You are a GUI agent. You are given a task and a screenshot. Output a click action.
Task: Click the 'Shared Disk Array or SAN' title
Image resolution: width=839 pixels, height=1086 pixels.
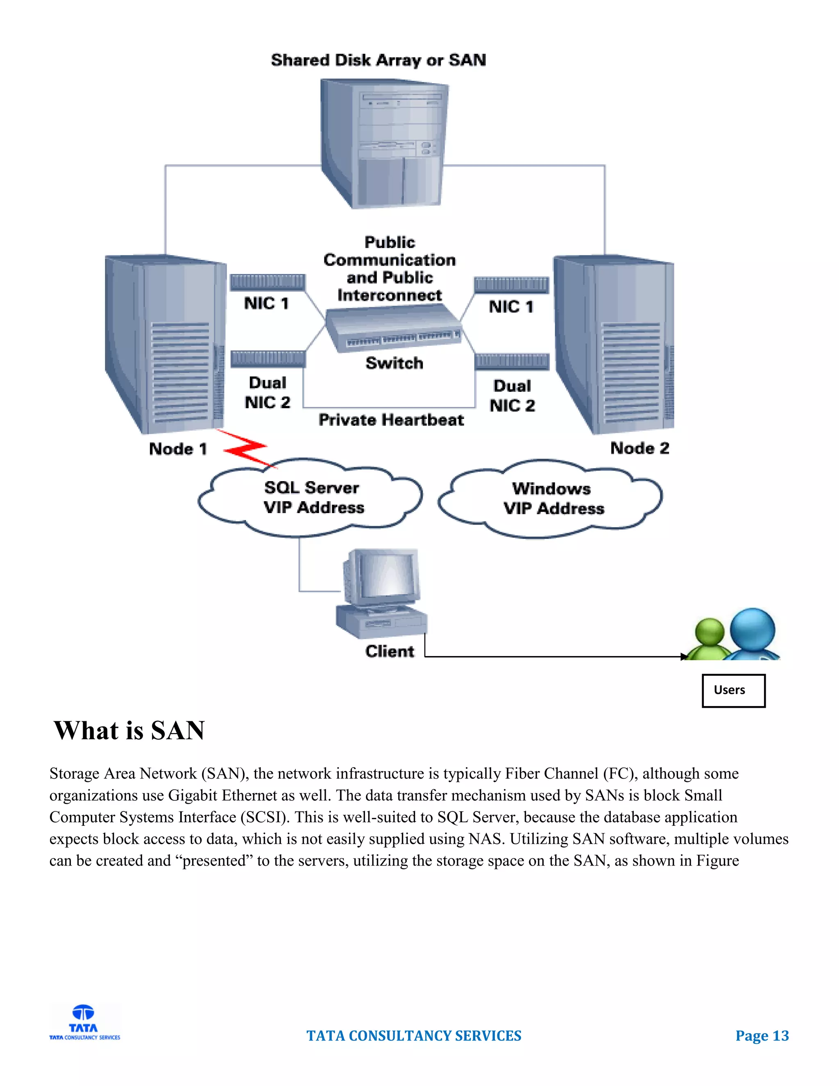(378, 60)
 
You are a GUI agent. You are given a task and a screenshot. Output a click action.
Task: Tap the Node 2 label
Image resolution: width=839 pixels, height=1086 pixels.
(639, 448)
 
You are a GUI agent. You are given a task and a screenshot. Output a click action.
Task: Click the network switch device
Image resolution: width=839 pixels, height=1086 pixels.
(392, 329)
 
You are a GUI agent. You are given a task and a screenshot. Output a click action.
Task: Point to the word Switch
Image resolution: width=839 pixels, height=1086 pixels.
(394, 363)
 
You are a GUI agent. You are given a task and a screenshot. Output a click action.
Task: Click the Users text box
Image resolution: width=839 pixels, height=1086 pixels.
(733, 690)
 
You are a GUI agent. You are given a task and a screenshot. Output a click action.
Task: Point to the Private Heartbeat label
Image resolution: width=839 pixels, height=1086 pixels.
(391, 420)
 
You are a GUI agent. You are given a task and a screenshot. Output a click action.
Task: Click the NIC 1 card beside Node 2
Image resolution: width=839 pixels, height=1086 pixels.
(511, 284)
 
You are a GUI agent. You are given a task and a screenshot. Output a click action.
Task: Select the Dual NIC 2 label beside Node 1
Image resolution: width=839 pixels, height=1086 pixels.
(268, 392)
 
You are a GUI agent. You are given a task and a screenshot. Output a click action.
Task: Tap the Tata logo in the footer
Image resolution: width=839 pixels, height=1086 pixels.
(84, 1021)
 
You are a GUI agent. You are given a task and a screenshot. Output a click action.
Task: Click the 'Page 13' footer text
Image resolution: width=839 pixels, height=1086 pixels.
(762, 1035)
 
